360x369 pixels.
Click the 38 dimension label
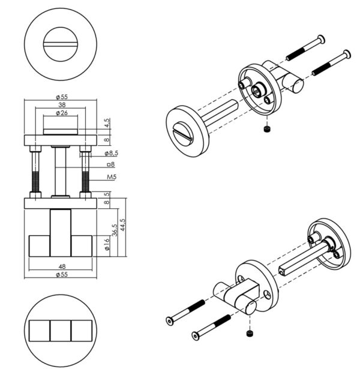[62, 105]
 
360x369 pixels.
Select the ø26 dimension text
[62, 113]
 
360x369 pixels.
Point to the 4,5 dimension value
[107, 123]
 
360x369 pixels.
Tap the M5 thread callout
[112, 177]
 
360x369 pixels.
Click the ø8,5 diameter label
[111, 154]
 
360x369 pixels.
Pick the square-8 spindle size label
[111, 164]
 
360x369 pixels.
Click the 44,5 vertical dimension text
[122, 225]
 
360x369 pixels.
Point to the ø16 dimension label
[107, 245]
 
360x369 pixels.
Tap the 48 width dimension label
[62, 266]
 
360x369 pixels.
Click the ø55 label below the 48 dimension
[62, 274]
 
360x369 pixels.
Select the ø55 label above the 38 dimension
[62, 97]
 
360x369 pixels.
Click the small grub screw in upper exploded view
[266, 129]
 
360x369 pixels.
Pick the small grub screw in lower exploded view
[250, 333]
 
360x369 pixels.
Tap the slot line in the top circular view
[61, 44]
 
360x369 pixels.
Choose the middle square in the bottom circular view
[61, 331]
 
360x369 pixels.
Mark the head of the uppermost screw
[321, 39]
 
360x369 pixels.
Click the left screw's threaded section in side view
[35, 182]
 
